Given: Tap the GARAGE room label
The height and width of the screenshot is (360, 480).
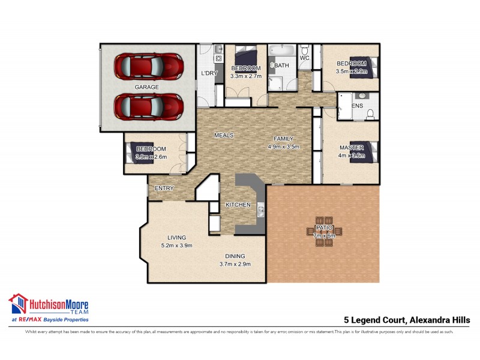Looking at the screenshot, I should [x=146, y=87].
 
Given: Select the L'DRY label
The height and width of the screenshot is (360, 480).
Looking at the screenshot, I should [x=209, y=73].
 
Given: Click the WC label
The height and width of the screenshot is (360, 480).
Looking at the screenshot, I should [x=304, y=58].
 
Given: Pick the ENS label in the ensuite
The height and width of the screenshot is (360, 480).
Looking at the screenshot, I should [x=357, y=106].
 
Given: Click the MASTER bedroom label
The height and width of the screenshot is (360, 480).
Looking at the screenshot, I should [x=351, y=148].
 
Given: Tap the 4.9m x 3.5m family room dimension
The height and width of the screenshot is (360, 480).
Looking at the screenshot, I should [x=283, y=146].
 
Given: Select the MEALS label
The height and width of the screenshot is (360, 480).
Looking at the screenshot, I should [x=224, y=135].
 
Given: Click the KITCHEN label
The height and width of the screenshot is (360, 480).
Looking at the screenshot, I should [x=238, y=205].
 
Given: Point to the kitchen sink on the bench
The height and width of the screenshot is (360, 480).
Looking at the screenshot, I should [x=261, y=211].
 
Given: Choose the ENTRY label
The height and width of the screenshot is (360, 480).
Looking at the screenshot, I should [x=164, y=188].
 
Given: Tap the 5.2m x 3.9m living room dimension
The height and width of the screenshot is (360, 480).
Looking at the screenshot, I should [x=176, y=245].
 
